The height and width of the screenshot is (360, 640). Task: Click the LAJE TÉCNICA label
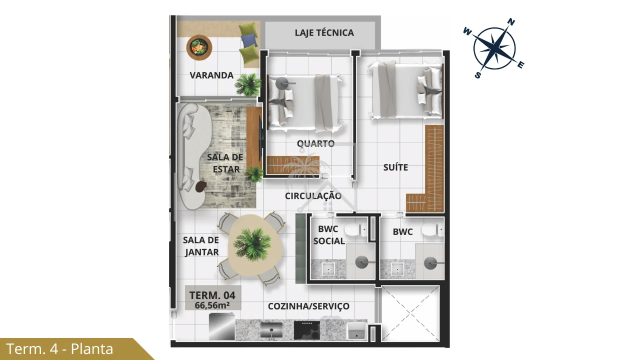[324, 32]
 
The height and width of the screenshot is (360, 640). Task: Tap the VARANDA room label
[211, 75]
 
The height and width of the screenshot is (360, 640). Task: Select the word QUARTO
[315, 143]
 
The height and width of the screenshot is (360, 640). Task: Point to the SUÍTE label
[395, 167]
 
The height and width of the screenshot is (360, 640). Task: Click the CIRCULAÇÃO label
[313, 196]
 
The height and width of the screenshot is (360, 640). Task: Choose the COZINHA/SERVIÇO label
[308, 306]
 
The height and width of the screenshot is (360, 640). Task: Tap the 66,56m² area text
[212, 305]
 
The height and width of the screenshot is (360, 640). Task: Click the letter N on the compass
[511, 22]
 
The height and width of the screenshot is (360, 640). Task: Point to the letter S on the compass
[477, 75]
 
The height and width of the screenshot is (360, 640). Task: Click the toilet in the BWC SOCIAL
[355, 230]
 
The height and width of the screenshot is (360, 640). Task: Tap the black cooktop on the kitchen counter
[307, 330]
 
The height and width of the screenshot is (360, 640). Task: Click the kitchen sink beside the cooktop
[271, 330]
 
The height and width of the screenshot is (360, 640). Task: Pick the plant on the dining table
[252, 244]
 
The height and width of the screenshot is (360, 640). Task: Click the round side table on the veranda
[199, 47]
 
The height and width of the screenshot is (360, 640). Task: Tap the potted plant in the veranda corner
[247, 84]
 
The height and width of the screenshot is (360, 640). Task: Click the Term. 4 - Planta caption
[59, 349]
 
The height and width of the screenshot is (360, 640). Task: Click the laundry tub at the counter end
[356, 331]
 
